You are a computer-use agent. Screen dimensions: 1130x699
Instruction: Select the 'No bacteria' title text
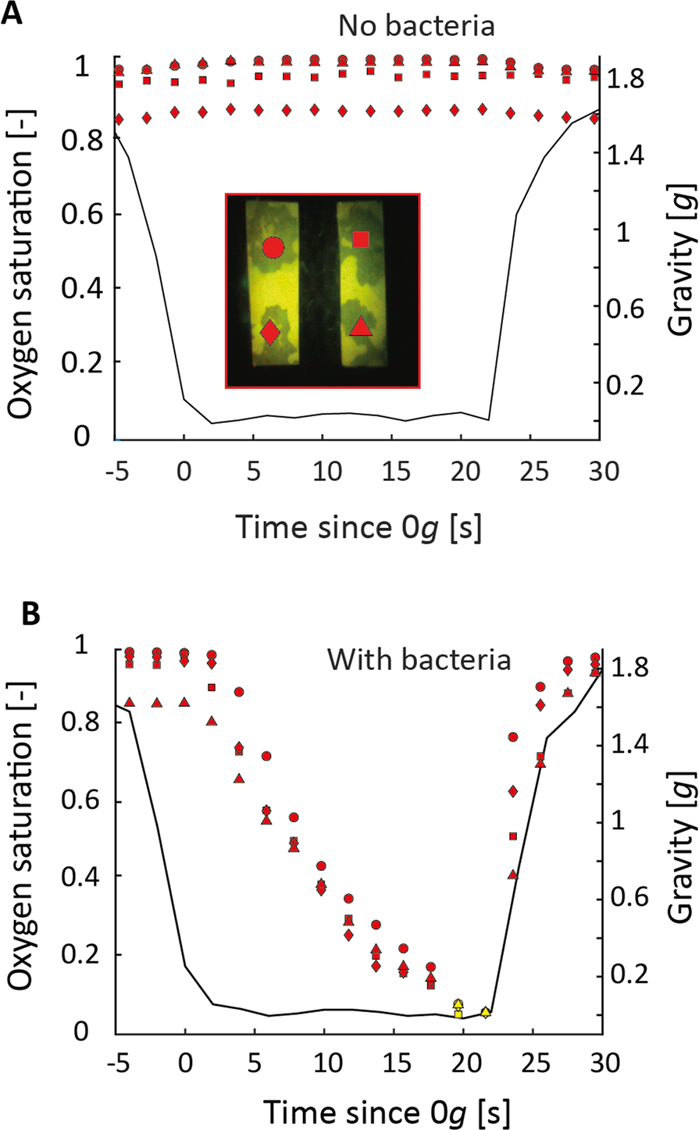click(416, 26)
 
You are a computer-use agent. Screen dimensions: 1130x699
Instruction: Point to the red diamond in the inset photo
click(269, 332)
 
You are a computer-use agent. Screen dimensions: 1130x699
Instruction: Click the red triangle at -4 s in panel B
click(130, 703)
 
